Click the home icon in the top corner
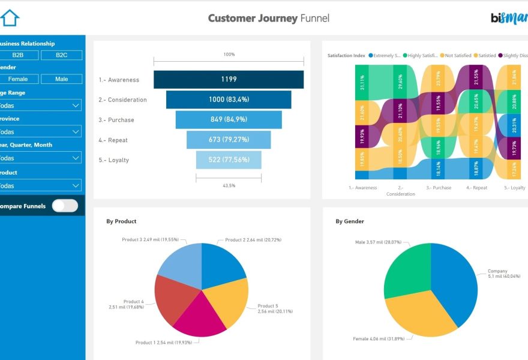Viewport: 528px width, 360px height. pyautogui.click(x=10, y=17)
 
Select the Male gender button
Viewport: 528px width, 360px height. pyautogui.click(x=61, y=79)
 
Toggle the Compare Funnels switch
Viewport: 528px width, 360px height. pyautogui.click(x=65, y=206)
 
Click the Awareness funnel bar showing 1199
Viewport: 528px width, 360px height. pyautogui.click(x=229, y=79)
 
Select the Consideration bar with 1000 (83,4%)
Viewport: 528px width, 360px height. pyautogui.click(x=229, y=100)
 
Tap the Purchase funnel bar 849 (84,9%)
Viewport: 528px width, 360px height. pyautogui.click(x=229, y=119)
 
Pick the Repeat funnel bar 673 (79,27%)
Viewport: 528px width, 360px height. pyautogui.click(x=229, y=140)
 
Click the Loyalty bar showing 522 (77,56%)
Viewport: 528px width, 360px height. pyautogui.click(x=229, y=160)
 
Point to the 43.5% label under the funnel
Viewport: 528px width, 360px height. pyautogui.click(x=229, y=185)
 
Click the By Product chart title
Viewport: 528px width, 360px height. pyautogui.click(x=121, y=221)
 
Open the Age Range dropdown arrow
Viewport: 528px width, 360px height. pyautogui.click(x=76, y=106)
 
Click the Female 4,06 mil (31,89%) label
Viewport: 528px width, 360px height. pyautogui.click(x=379, y=339)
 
